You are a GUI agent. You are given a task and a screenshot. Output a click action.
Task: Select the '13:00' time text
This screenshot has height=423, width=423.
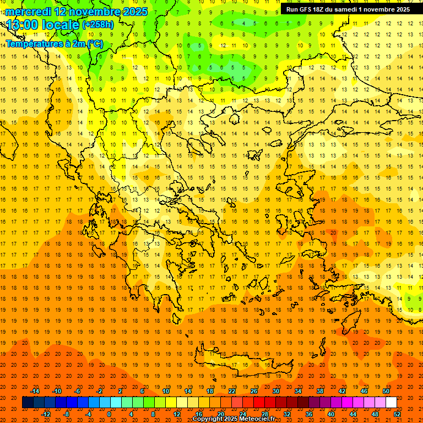point(22,25)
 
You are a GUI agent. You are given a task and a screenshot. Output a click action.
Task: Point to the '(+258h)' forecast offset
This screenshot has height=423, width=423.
point(98,25)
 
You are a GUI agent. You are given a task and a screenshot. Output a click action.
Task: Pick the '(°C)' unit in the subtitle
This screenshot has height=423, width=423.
point(95,44)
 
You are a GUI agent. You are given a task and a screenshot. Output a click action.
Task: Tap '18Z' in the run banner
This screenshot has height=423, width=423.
point(321,9)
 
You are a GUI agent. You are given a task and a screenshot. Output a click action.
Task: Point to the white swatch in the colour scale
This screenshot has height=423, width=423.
point(392,403)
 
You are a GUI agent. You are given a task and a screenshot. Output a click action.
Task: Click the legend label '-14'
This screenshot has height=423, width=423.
point(35,391)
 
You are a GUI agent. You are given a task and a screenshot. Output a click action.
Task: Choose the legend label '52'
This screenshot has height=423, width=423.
point(398,414)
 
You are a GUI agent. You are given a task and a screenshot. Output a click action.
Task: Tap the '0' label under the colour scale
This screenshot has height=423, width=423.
point(109,414)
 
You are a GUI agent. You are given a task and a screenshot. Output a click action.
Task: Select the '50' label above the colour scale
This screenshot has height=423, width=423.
point(386,391)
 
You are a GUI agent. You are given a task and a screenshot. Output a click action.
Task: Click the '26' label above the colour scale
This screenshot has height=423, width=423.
point(254,391)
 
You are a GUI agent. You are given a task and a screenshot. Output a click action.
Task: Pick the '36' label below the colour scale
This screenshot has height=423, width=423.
point(309,414)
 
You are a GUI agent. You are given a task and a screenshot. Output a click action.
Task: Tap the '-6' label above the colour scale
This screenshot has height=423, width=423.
point(78,391)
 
